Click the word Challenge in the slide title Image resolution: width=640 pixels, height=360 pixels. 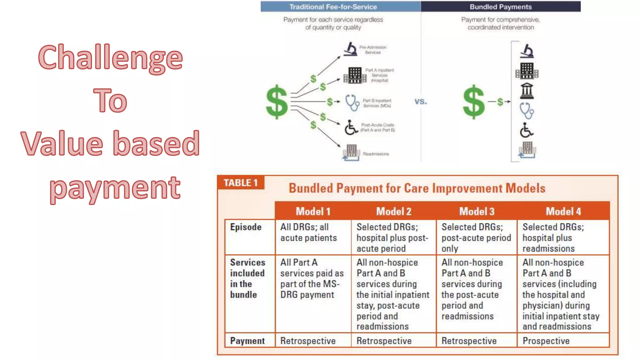(x=110, y=58)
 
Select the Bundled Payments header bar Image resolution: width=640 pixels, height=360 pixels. (x=500, y=7)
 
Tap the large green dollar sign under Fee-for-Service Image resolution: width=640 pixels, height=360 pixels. (x=277, y=102)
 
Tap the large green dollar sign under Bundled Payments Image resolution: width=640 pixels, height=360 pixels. (x=473, y=102)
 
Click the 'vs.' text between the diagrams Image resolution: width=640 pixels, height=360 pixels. (x=421, y=102)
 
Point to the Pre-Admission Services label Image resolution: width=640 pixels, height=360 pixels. (x=372, y=50)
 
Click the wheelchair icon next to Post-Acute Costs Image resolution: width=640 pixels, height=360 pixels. (x=351, y=127)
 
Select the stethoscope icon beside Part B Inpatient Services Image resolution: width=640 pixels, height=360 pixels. (x=352, y=103)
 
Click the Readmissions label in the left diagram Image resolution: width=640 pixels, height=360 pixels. (x=376, y=154)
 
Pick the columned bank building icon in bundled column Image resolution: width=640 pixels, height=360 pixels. (x=527, y=91)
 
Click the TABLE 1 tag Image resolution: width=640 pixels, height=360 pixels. (x=241, y=182)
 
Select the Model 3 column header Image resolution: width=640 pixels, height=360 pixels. (x=477, y=211)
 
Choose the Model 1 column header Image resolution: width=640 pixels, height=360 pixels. (x=313, y=211)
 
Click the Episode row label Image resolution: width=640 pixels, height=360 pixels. (x=246, y=227)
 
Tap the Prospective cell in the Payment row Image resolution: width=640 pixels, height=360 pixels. (x=546, y=341)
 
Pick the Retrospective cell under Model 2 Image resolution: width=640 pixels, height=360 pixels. (x=384, y=341)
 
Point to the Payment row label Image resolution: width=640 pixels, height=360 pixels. (x=247, y=341)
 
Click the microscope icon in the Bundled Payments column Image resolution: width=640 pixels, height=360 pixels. (x=527, y=51)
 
